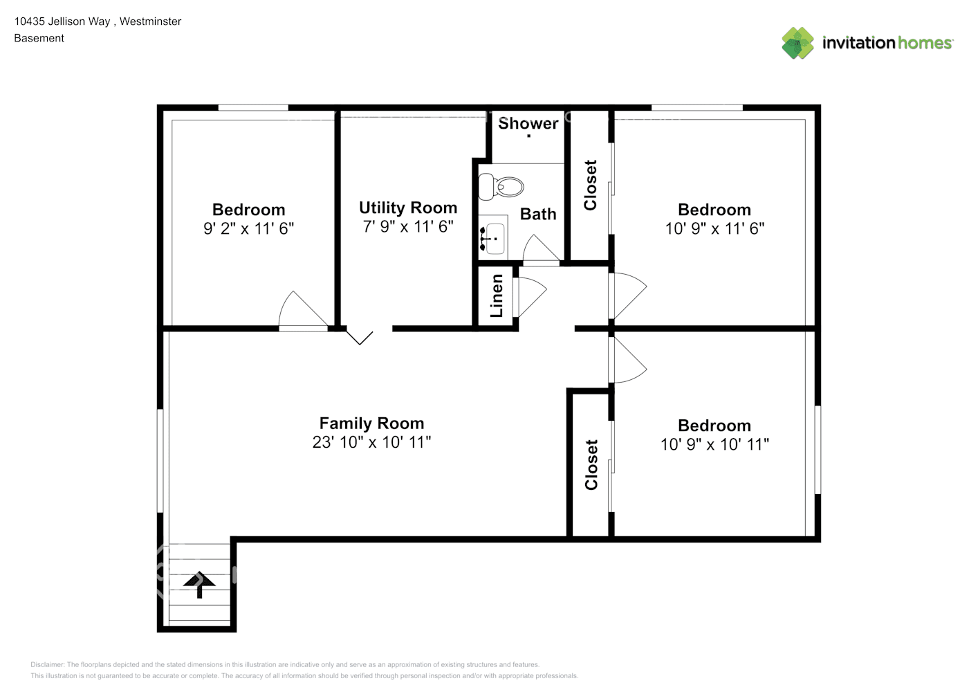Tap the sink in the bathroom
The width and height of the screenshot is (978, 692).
492,237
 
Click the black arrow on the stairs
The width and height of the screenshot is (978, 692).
199,583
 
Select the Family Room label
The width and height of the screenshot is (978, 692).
371,423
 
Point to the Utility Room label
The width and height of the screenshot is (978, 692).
407,208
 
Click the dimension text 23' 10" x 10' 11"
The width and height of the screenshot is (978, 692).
371,442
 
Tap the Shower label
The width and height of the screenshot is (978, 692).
528,123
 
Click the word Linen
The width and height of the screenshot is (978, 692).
497,295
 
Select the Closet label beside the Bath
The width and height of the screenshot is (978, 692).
590,185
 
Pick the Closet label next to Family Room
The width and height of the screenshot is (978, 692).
591,464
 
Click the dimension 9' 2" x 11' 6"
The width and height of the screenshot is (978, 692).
248,228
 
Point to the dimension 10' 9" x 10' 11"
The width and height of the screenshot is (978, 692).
714,444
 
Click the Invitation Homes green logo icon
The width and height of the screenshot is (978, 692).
797,43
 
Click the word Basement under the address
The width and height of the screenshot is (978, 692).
39,38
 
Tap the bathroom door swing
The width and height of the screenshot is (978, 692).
540,249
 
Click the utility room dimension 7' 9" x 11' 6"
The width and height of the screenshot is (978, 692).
407,226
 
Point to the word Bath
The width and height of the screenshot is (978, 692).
537,215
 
